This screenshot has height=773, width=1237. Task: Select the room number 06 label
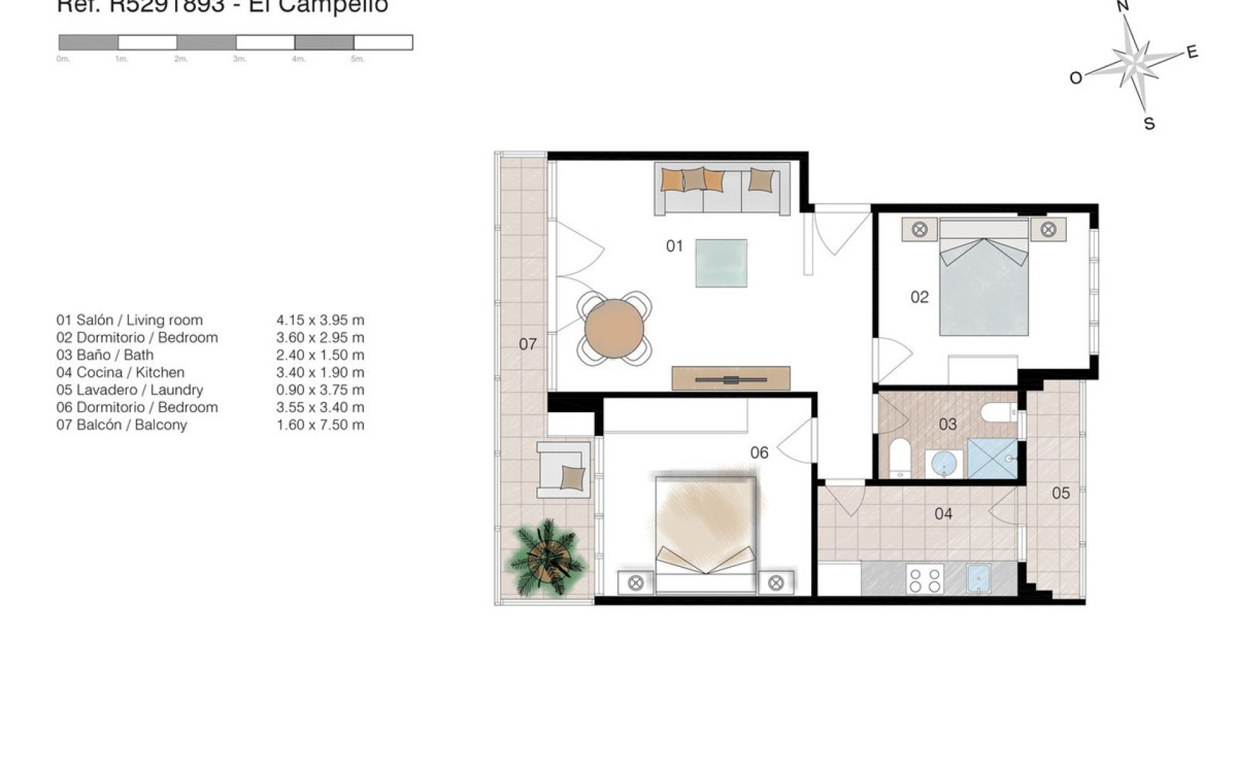tap(759, 453)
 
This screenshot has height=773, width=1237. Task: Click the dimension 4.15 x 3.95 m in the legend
tap(320, 320)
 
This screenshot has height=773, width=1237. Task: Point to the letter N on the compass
tap(1123, 6)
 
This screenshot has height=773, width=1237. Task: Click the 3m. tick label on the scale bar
tap(240, 59)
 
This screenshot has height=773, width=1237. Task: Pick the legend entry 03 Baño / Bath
tap(105, 355)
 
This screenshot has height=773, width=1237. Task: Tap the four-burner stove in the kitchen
tap(925, 578)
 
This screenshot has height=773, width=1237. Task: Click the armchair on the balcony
tap(564, 470)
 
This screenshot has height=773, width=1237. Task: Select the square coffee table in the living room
tap(721, 263)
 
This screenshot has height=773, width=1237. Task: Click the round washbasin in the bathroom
tap(944, 463)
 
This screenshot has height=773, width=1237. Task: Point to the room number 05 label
tap(1060, 493)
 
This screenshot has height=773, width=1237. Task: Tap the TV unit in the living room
tap(731, 378)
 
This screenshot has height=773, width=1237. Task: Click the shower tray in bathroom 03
tap(992, 459)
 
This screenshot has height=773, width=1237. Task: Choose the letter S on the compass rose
tap(1149, 124)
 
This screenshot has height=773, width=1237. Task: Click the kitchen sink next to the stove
tap(979, 578)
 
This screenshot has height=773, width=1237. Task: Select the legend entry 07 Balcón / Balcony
tap(122, 425)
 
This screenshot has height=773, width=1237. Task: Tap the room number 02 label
tap(919, 297)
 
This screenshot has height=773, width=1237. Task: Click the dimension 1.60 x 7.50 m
tap(320, 425)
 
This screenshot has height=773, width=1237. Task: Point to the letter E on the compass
tap(1192, 52)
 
